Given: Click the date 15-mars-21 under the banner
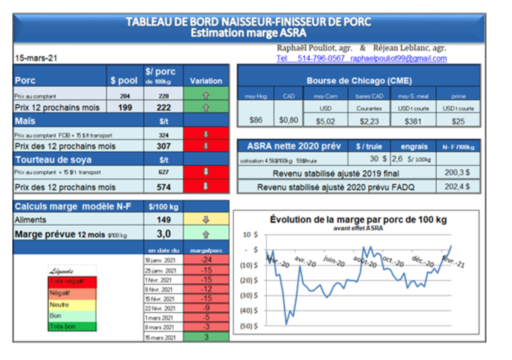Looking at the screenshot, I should click(36, 58).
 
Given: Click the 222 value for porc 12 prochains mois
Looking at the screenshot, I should click(163, 107).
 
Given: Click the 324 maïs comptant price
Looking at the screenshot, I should click(163, 135).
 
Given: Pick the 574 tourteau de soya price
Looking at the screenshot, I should click(163, 187).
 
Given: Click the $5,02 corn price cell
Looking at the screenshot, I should click(326, 120).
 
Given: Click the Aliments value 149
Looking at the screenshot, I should click(163, 219).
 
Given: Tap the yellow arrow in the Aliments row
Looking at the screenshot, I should click(206, 219).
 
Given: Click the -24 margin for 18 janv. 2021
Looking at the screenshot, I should click(206, 260).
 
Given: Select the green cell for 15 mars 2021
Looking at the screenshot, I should click(206, 337).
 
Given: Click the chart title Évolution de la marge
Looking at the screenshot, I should click(358, 219).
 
